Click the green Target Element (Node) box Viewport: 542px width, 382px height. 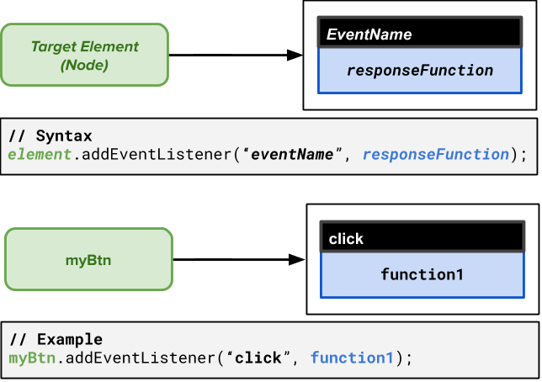click(x=85, y=55)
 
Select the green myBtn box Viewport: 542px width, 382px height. click(x=89, y=259)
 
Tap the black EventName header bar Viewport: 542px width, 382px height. click(x=420, y=32)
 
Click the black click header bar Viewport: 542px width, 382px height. click(x=422, y=236)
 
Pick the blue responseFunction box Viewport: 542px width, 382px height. click(x=420, y=71)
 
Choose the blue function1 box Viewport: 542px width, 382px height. click(x=422, y=275)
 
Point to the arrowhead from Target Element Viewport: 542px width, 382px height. click(x=295, y=55)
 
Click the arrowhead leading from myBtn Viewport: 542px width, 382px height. click(x=297, y=260)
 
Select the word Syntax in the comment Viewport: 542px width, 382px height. click(x=64, y=135)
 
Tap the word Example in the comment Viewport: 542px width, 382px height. click(x=70, y=339)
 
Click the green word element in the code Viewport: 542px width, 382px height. click(x=40, y=154)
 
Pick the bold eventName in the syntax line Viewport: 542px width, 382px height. click(x=292, y=155)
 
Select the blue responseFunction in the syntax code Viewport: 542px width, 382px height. click(x=436, y=155)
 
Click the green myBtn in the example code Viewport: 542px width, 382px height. click(x=32, y=358)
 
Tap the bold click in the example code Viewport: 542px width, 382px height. click(x=258, y=358)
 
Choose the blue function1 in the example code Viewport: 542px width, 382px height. click(x=352, y=358)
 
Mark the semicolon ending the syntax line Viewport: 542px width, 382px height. click(x=524, y=156)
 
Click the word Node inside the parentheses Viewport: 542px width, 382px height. click(x=85, y=65)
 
